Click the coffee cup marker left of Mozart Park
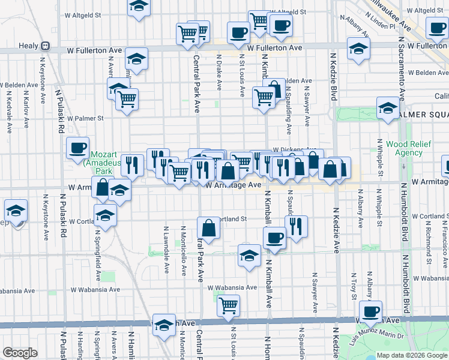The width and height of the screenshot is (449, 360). click(77, 148)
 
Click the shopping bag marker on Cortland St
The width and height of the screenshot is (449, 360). click(208, 228)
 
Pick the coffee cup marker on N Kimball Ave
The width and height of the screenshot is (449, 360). click(274, 238)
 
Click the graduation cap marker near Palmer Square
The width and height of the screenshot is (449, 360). click(388, 109)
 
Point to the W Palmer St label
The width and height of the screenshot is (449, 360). click(86, 118)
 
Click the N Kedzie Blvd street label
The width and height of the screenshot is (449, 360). click(333, 76)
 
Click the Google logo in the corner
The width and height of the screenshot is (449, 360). click(20, 353)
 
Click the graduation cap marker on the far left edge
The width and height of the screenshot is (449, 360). click(15, 211)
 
